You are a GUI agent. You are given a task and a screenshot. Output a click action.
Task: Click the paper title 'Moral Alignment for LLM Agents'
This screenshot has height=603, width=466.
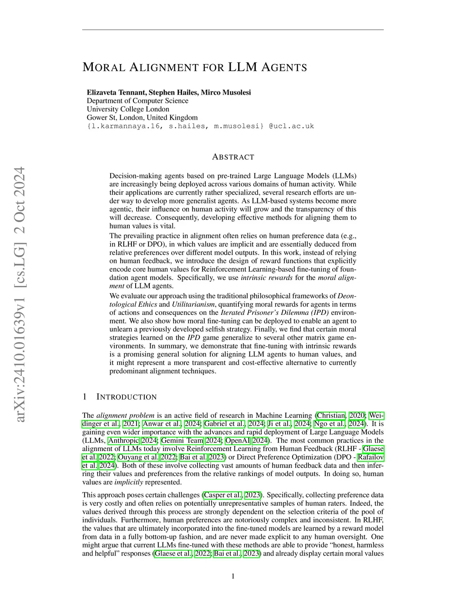(x=195, y=67)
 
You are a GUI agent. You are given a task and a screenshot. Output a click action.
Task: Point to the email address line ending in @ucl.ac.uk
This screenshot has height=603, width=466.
(x=200, y=126)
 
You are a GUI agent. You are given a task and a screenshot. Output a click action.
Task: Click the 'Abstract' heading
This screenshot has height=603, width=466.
(x=233, y=157)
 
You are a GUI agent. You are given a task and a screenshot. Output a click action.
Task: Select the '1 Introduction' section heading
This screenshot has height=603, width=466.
(x=120, y=397)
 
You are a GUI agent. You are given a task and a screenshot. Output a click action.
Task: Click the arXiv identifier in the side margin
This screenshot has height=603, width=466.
(x=19, y=294)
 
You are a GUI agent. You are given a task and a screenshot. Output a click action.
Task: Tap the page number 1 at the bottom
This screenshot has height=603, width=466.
(x=233, y=576)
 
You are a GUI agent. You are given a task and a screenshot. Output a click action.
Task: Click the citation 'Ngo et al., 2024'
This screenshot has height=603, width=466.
(x=339, y=423)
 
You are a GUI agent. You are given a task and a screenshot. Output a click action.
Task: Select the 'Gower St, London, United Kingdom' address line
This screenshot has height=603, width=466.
(x=142, y=117)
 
